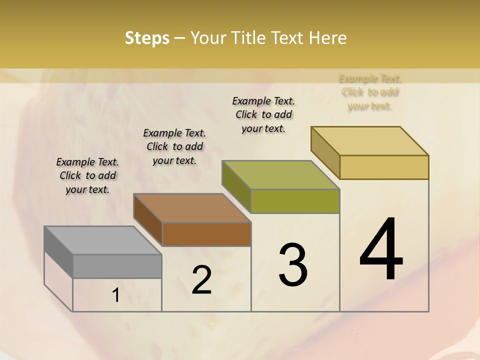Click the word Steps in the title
[x=147, y=38]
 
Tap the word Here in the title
[x=327, y=38]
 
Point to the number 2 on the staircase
[x=201, y=279]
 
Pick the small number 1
[x=115, y=295]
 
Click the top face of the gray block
[x=103, y=240]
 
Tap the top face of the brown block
[x=192, y=207]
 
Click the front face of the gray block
[x=117, y=266]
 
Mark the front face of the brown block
[x=206, y=234]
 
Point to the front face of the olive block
[x=295, y=201]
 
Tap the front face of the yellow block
[x=384, y=167]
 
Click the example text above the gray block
[x=87, y=175]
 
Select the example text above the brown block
[x=174, y=146]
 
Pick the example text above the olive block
[x=263, y=114]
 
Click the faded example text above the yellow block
[x=370, y=92]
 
